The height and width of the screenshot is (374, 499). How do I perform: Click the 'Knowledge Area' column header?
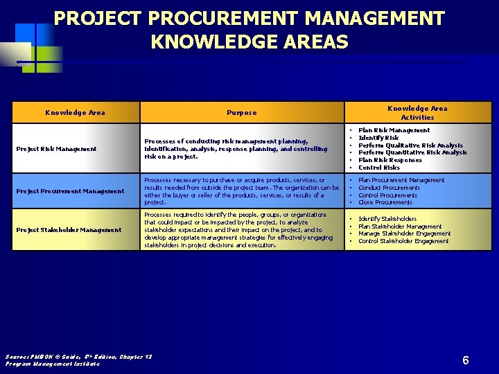75,112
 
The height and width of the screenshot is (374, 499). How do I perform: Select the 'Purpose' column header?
241,112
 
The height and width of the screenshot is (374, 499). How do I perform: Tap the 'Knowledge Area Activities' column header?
417,112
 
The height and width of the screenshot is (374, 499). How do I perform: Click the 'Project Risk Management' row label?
56,149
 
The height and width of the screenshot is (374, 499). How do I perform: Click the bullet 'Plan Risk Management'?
394,130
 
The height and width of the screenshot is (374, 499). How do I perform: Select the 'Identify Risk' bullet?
378,138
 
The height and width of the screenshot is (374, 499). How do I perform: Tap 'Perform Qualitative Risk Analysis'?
410,145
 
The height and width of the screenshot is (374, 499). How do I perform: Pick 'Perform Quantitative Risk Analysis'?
412,152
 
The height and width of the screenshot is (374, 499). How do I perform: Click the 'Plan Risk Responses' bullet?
389,160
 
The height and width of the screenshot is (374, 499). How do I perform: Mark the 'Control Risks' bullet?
379,168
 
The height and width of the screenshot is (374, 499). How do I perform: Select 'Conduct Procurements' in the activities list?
389,188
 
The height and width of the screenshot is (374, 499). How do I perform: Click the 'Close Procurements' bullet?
385,202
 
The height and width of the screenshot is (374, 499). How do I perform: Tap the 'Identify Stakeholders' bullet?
387,219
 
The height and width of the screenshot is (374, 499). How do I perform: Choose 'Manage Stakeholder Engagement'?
404,233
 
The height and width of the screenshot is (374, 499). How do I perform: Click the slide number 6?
466,360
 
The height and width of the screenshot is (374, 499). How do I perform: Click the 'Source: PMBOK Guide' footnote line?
78,357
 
